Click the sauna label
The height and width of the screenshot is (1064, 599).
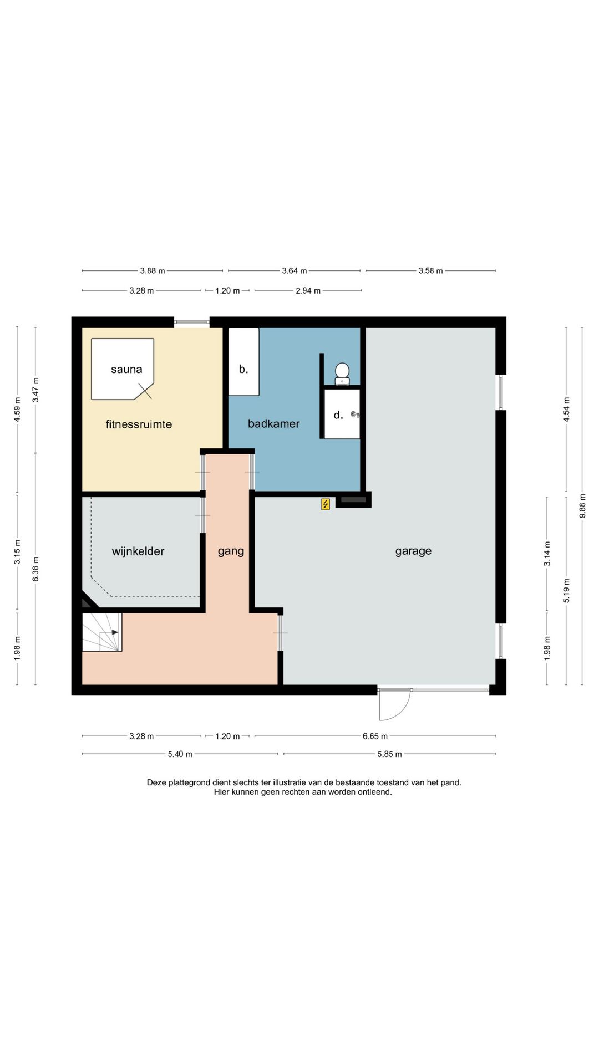click(126, 369)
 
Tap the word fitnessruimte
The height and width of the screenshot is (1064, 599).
click(139, 424)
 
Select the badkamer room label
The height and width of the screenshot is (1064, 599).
click(273, 423)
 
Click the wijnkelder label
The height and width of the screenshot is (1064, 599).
click(138, 551)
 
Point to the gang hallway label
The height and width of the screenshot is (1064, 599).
click(231, 551)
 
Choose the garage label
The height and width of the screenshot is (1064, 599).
click(413, 551)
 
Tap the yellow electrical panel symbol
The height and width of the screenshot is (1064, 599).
click(326, 504)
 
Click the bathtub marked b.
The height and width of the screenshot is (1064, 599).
click(244, 361)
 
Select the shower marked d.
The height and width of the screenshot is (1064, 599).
click(342, 415)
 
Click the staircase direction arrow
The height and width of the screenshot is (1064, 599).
click(109, 632)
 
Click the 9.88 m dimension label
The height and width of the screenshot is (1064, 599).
click(582, 506)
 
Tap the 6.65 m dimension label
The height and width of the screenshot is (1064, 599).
click(375, 736)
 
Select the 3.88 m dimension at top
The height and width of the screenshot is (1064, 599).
click(152, 270)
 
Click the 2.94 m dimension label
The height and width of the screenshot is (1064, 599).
click(308, 290)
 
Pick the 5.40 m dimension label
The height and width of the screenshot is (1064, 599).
click(180, 754)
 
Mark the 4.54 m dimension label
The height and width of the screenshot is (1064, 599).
click(566, 410)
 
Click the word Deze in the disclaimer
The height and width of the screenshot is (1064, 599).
click(156, 782)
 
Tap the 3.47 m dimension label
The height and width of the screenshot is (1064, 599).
click(35, 390)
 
